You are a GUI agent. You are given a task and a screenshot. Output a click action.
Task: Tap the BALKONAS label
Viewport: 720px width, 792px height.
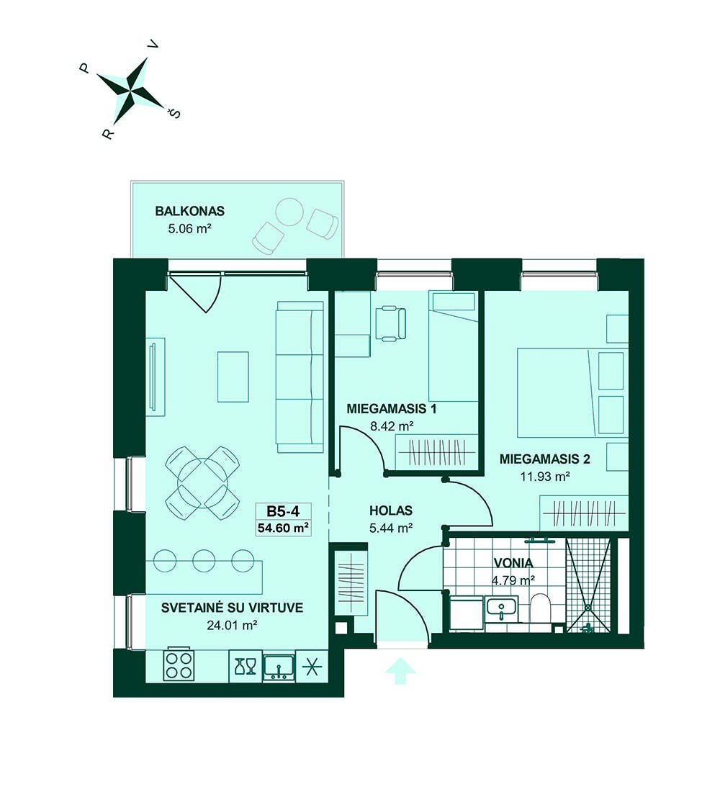tap(189, 211)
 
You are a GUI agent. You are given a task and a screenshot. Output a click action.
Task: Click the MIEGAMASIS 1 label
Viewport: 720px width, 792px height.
tap(391, 409)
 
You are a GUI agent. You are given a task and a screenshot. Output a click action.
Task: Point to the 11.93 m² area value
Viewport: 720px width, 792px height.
tap(544, 476)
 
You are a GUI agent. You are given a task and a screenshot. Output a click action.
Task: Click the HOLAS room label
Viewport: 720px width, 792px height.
tap(390, 510)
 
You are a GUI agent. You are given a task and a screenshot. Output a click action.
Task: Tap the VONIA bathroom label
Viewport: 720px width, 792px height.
tap(513, 563)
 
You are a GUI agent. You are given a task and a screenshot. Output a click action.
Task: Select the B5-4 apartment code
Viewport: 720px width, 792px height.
tap(283, 511)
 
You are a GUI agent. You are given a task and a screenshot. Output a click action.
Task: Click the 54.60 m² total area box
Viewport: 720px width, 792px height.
tap(283, 528)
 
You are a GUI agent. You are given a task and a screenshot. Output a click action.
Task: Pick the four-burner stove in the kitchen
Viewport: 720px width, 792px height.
tap(179, 666)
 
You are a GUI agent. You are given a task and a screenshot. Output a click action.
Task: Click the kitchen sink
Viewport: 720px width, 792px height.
tap(279, 666)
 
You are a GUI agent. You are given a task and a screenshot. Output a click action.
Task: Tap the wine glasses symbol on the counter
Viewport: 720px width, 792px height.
tap(246, 666)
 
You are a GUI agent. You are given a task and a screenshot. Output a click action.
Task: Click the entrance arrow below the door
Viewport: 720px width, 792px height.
tap(400, 671)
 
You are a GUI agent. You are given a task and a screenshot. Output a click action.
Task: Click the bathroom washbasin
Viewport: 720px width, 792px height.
tap(500, 608)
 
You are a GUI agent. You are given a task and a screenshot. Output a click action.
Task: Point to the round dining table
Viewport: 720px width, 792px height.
tap(202, 482)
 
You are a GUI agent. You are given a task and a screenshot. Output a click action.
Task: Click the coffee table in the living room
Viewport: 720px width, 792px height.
tap(233, 377)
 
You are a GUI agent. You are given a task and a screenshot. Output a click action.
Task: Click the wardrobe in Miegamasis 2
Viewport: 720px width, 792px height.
tap(584, 513)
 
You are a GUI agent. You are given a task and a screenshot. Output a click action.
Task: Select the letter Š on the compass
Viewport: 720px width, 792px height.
tap(175, 114)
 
